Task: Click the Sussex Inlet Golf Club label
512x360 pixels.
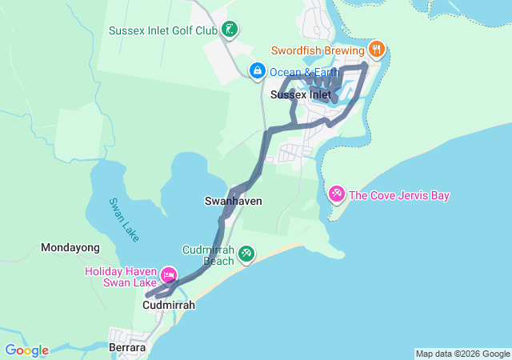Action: click(163, 31)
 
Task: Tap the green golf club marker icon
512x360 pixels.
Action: click(230, 30)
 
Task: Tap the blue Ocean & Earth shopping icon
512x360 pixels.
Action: click(258, 72)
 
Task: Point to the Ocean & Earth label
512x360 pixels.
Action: click(304, 72)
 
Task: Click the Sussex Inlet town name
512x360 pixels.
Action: click(301, 94)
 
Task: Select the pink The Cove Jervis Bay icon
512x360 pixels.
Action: click(337, 194)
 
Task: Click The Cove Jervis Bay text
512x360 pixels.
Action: click(399, 195)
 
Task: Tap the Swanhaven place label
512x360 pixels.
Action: click(234, 202)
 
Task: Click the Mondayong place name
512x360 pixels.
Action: click(70, 248)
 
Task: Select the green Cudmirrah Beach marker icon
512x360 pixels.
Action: click(246, 254)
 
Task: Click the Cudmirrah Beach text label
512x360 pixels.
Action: click(208, 255)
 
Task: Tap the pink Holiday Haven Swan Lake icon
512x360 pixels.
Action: click(169, 275)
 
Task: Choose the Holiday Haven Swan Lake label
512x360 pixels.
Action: click(122, 277)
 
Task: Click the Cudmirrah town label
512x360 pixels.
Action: click(169, 305)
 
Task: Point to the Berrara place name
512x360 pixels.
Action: click(126, 348)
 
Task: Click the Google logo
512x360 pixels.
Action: click(26, 350)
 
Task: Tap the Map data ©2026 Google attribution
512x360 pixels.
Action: click(462, 354)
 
